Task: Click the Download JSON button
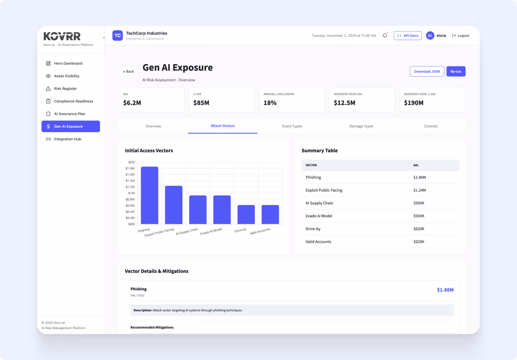pyautogui.click(x=427, y=71)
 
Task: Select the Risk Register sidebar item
pyautogui.click(x=65, y=89)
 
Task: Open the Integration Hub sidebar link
pyautogui.click(x=67, y=139)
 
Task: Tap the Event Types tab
pyautogui.click(x=292, y=126)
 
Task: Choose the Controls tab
pyautogui.click(x=430, y=126)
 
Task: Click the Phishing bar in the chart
pyautogui.click(x=150, y=195)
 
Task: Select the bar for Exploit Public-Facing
pyautogui.click(x=173, y=205)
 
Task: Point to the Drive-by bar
pyautogui.click(x=246, y=214)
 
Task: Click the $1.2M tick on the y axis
pyautogui.click(x=130, y=187)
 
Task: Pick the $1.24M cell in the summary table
pyautogui.click(x=419, y=190)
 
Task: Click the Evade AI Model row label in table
pyautogui.click(x=319, y=216)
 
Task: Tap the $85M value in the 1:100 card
pyautogui.click(x=201, y=103)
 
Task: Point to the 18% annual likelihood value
pyautogui.click(x=270, y=103)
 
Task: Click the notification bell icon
pyautogui.click(x=385, y=36)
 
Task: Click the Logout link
pyautogui.click(x=461, y=36)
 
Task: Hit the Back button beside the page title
pyautogui.click(x=128, y=71)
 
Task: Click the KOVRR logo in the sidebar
pyautogui.click(x=62, y=36)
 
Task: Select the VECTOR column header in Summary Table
pyautogui.click(x=311, y=165)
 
